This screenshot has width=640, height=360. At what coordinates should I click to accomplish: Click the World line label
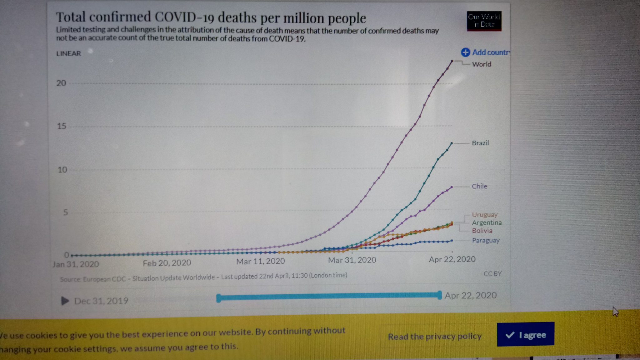point(482,64)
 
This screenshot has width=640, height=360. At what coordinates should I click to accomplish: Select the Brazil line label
point(480,143)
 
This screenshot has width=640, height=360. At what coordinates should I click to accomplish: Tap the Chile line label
point(479,186)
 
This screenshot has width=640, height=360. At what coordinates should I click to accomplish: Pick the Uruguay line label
point(484,215)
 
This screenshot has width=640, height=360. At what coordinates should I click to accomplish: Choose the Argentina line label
point(487,222)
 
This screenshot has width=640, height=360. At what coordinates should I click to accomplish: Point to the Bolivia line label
point(482,231)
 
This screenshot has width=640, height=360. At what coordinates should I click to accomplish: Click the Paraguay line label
point(486,240)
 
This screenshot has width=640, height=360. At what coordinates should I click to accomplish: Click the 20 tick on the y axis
point(61,83)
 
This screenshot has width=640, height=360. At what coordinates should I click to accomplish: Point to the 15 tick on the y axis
point(62,126)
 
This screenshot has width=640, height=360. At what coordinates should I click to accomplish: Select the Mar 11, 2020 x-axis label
point(260,261)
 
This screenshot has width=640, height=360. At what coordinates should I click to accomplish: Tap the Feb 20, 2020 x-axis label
point(167,263)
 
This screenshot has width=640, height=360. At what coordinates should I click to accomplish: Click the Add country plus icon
point(465,52)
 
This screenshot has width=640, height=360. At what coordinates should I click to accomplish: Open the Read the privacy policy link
point(434,336)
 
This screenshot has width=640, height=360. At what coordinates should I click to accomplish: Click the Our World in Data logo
point(484,21)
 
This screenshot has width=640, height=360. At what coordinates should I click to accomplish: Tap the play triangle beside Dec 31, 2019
point(65,301)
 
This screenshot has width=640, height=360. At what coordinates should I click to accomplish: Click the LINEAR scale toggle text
point(68,53)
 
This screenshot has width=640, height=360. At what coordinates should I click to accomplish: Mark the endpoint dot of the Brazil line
point(452,143)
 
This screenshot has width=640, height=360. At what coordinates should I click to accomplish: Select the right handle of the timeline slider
point(439,295)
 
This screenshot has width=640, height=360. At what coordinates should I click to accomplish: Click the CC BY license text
point(492,274)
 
